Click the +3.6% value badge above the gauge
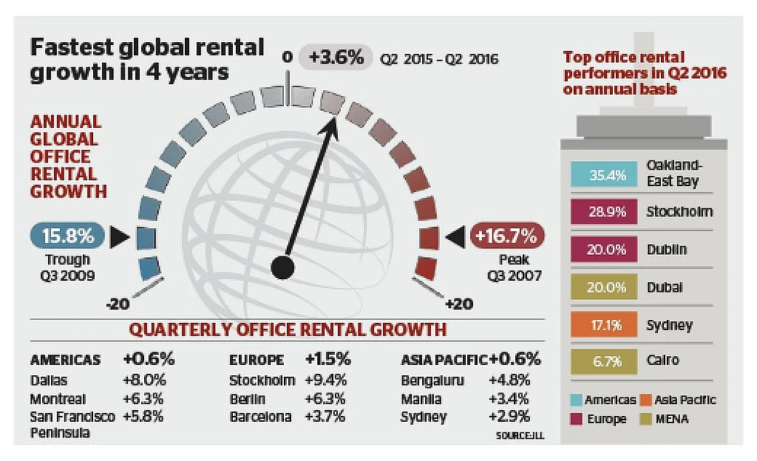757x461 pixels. (336, 58)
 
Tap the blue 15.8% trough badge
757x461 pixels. (67, 236)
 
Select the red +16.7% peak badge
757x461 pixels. (507, 236)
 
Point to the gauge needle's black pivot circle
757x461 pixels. (283, 267)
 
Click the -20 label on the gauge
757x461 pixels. (118, 304)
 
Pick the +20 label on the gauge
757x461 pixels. (458, 304)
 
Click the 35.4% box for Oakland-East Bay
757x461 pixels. (604, 174)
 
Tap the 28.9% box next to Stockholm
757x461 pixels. (604, 212)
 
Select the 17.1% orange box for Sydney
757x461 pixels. (604, 325)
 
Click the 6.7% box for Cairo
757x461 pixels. (604, 361)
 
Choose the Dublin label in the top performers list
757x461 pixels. (667, 249)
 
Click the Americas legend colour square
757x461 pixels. (576, 400)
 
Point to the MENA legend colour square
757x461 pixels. (645, 419)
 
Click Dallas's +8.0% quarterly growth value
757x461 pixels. (144, 380)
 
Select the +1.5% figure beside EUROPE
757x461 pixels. (327, 359)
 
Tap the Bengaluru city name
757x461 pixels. (432, 380)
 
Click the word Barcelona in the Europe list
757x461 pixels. (261, 417)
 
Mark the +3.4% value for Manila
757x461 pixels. (509, 399)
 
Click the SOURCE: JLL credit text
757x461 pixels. (520, 435)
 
